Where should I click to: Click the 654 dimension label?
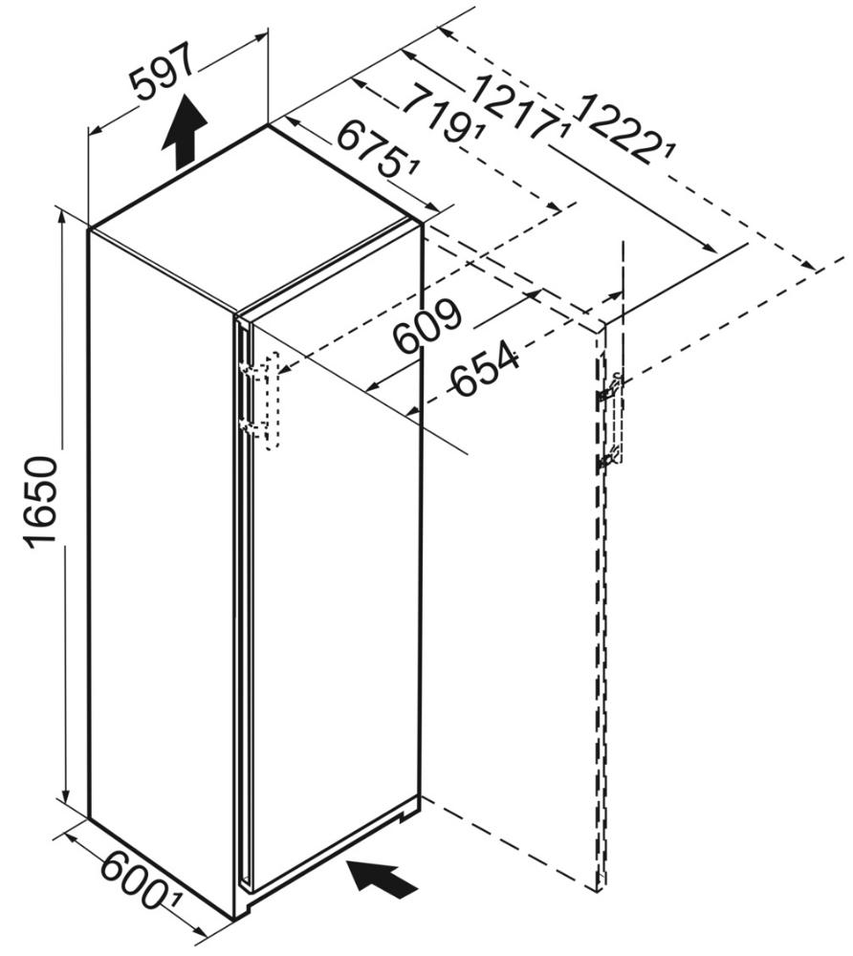pyautogui.click(x=485, y=368)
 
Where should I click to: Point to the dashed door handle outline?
pyautogui.click(x=272, y=402)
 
